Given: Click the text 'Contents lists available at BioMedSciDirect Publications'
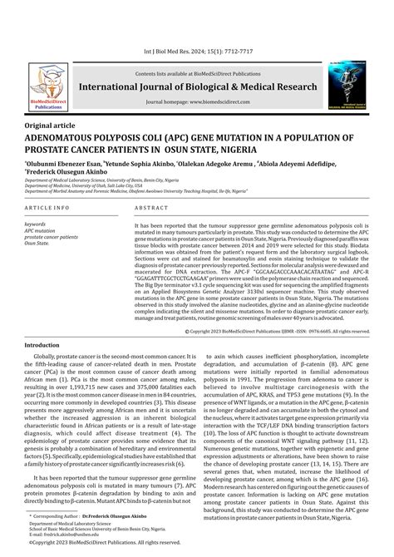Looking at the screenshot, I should click(197, 72).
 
